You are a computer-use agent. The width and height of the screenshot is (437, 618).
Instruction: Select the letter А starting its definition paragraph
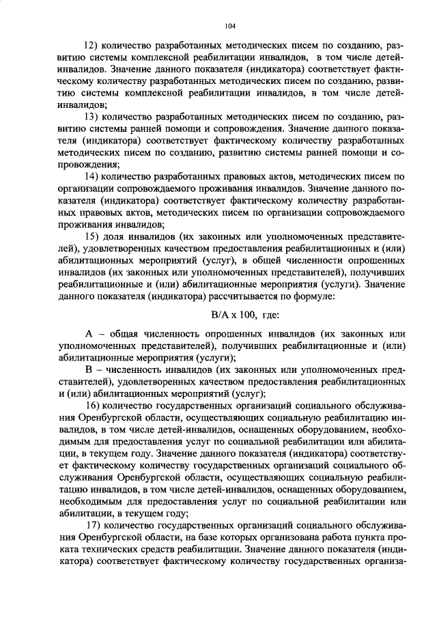click(88, 334)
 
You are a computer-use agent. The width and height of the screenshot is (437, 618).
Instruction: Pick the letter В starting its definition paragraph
click(88, 369)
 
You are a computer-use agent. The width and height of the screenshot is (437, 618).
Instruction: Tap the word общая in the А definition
click(125, 334)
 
